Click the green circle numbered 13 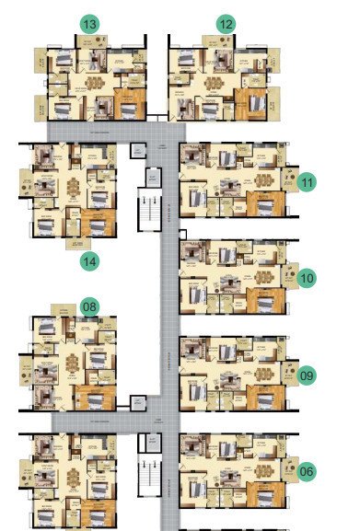pos(89,22)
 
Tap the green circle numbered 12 pos(226,22)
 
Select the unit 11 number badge pos(307,182)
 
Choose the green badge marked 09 pos(307,375)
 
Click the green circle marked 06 pos(307,471)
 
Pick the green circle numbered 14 pos(89,261)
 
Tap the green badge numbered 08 pos(89,306)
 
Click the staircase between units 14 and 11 pos(147,209)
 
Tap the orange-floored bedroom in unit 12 pos(249,101)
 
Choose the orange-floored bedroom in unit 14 pos(95,221)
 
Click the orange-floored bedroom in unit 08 pos(95,396)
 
